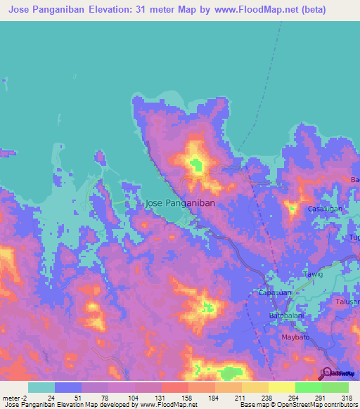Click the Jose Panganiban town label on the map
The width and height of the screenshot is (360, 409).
click(x=179, y=202)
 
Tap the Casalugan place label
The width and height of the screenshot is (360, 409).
click(x=325, y=209)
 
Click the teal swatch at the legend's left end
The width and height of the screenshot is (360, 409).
click(x=41, y=387)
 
